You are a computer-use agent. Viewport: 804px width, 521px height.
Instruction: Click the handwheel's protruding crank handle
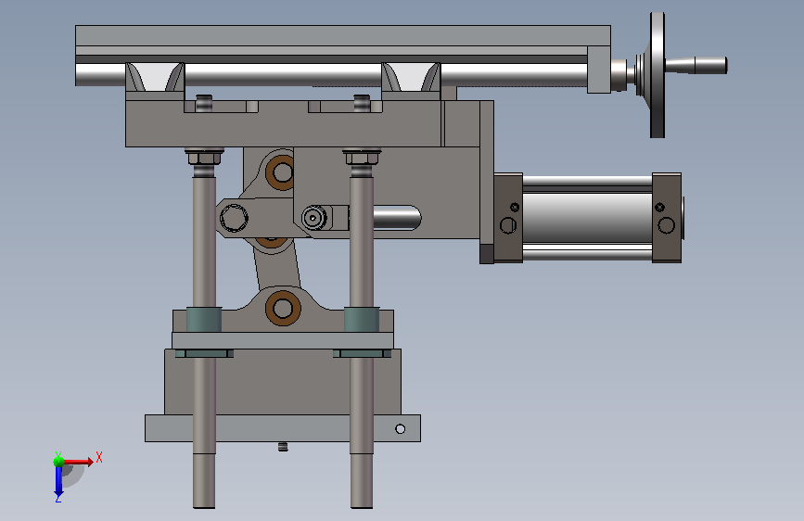(696, 65)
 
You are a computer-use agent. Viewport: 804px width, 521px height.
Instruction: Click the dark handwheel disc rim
(657, 75)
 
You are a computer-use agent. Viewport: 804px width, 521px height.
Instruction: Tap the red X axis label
(99, 457)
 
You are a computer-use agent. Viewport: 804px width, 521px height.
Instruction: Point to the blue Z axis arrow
(58, 482)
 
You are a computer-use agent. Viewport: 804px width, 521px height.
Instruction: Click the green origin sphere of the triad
(59, 462)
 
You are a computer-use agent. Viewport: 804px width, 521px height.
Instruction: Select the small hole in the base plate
(400, 428)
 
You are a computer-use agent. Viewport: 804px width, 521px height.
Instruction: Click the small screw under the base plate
(283, 447)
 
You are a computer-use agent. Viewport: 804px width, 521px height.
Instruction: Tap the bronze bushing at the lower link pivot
(283, 308)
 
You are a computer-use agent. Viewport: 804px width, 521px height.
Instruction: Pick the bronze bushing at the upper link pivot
(280, 172)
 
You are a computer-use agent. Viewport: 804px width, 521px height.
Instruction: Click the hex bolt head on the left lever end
(234, 218)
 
